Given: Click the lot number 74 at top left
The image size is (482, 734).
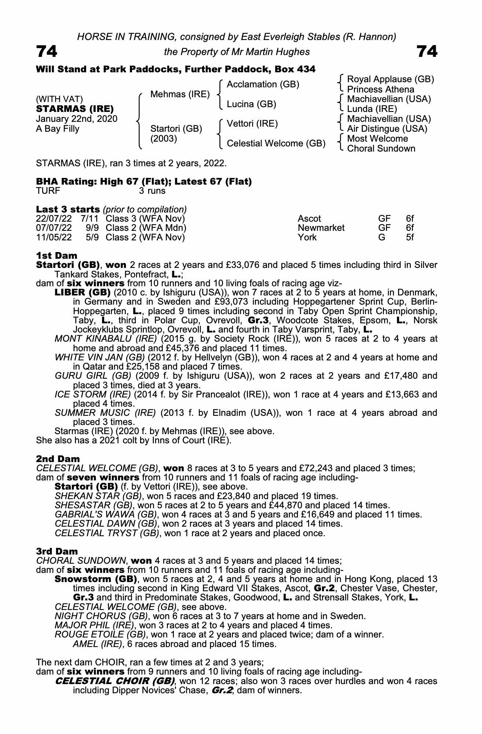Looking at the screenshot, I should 47,52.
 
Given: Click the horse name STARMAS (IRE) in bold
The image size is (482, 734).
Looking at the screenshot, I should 75,109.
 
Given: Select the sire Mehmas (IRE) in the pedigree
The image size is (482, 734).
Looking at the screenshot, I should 180,94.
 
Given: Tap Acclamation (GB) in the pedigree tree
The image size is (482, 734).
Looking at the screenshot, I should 263,84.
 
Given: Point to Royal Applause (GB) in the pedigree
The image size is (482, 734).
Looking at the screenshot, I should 390,79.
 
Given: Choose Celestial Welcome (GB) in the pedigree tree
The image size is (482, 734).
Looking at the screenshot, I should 276,143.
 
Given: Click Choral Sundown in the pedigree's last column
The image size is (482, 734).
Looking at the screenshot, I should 381,149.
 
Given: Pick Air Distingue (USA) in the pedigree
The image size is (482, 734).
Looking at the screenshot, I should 387,129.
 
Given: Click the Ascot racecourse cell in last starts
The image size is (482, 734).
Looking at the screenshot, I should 309,219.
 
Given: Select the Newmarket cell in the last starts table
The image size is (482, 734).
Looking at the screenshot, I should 321,228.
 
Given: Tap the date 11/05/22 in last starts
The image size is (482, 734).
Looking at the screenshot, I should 54,237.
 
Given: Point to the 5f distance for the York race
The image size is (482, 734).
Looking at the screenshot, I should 410,237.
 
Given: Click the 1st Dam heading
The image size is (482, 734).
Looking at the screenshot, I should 56,255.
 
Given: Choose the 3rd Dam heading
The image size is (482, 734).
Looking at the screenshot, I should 57,551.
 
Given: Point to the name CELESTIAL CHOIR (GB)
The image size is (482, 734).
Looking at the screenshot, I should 114,681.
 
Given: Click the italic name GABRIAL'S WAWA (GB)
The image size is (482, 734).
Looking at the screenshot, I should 106,515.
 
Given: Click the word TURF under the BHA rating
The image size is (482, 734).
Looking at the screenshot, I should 48,191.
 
